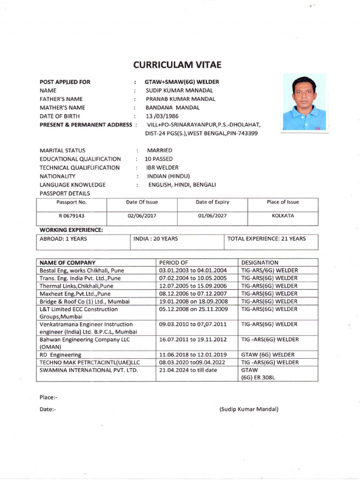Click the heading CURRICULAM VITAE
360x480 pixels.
[177, 65]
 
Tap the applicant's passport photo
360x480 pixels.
[304, 103]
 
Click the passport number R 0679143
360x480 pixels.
[72, 217]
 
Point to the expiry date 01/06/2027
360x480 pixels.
[212, 217]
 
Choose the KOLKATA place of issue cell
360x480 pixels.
[283, 217]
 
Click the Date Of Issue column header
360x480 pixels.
[142, 202]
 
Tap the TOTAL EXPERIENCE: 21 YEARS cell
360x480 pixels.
[266, 239]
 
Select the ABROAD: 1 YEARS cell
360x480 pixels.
[63, 239]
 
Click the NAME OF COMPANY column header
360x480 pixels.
[67, 262]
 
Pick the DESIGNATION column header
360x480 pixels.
[259, 262]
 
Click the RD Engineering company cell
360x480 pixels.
[60, 355]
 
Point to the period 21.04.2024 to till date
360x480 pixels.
[188, 370]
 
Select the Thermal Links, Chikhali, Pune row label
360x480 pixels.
[76, 285]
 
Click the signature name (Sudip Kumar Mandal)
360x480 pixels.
[249, 409]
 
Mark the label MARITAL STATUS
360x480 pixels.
[62, 150]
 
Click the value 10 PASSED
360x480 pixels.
[158, 159]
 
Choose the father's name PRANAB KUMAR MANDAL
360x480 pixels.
[180, 99]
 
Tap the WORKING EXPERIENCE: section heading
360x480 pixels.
[71, 230]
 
